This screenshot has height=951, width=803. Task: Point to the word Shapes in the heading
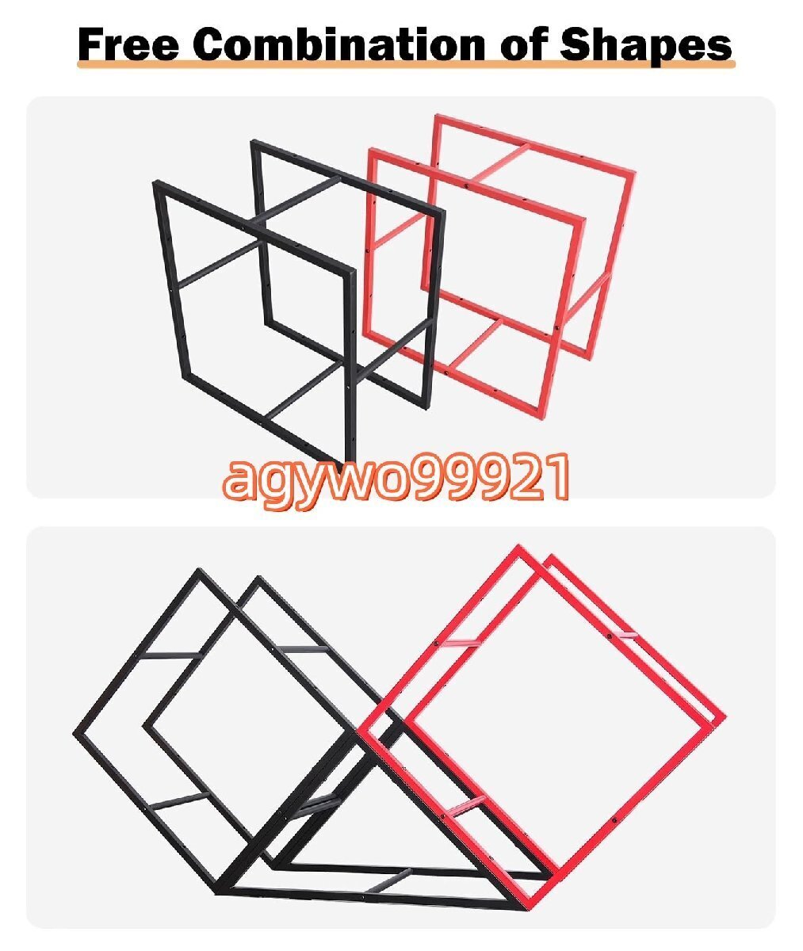tap(646, 45)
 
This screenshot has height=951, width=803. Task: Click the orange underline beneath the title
tap(405, 66)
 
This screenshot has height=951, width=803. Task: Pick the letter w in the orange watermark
tap(335, 479)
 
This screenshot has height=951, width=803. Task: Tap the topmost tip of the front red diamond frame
tap(519, 548)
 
